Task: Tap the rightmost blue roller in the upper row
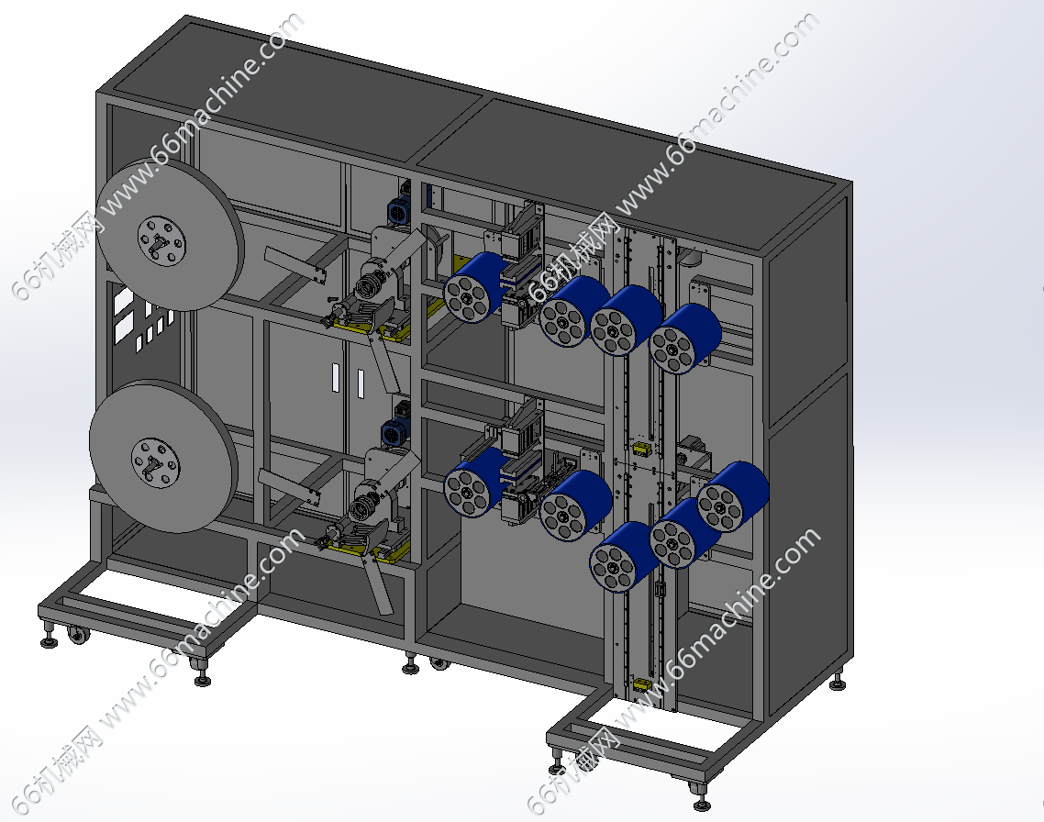685,339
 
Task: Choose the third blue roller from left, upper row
626,321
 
